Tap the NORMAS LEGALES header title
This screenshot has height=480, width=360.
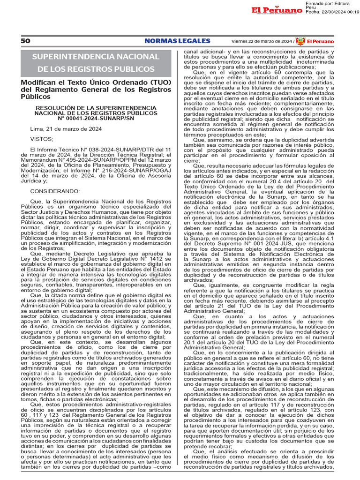tap(171, 41)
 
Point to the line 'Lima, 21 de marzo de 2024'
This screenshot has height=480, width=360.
tap(66, 128)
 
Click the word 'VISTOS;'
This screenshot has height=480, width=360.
tap(42, 139)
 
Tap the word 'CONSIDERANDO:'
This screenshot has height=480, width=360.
tap(55, 191)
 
